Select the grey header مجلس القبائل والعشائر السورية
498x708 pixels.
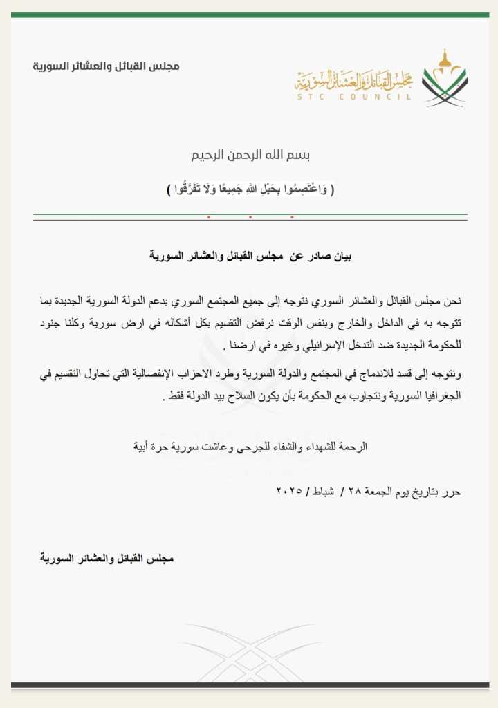(107, 66)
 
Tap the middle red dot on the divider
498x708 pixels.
(250, 218)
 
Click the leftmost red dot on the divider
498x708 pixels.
(208, 218)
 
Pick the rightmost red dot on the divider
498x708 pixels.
(292, 218)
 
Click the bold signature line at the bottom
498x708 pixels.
(107, 558)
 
